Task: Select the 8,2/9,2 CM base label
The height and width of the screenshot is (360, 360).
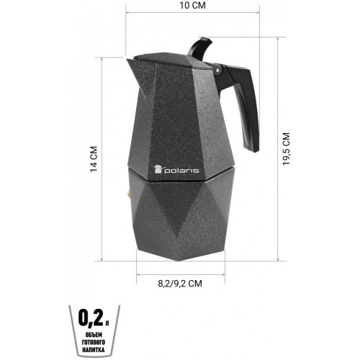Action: (180, 284)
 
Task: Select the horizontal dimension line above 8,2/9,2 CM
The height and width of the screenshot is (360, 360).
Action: (180, 273)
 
